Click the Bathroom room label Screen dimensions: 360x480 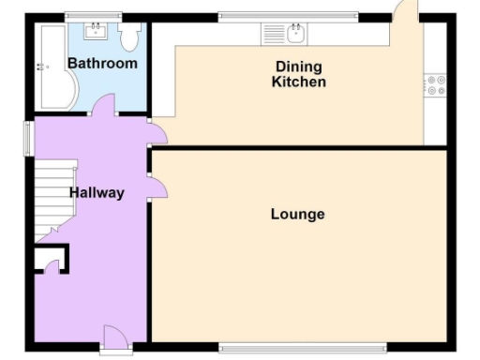click(102, 64)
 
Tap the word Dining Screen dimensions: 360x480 click(298, 67)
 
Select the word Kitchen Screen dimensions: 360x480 click(298, 82)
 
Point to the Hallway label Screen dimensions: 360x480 click(97, 193)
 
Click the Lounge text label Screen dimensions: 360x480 click(297, 215)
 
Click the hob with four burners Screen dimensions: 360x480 click(435, 85)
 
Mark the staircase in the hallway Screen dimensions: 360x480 click(52, 197)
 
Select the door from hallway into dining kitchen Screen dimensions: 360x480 click(157, 133)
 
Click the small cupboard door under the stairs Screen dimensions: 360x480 click(52, 263)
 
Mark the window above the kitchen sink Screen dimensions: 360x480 click(288, 15)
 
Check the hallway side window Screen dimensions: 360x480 click(27, 137)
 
